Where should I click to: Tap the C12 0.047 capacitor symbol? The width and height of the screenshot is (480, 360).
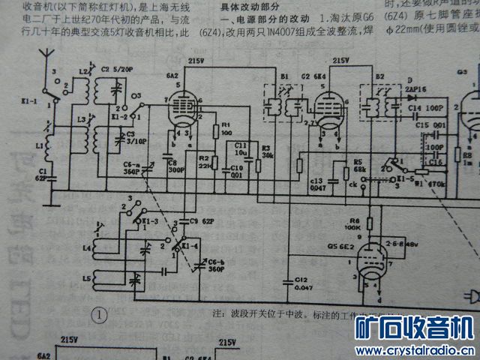point(288,281)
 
